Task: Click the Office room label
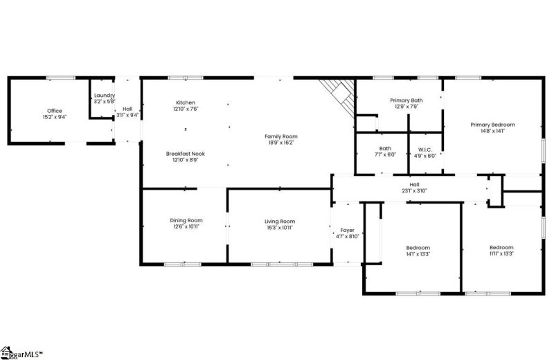point(54,111)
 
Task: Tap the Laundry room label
point(104,96)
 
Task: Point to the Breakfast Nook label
point(185,154)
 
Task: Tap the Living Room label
point(280,221)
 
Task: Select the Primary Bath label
point(406,100)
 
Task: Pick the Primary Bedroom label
point(492,125)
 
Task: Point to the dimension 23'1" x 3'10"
point(414,190)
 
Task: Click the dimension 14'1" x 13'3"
point(418,254)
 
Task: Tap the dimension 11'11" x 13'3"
point(501,254)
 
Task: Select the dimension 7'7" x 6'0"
point(385,155)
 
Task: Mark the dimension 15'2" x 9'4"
point(54,117)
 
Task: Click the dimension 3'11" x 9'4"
point(127,115)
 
